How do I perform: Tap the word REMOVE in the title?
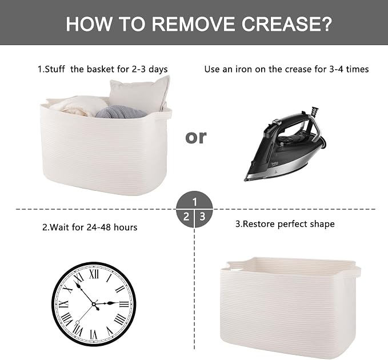coord(193,23)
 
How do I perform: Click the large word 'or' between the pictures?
coord(195,137)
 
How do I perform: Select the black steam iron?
coord(285,144)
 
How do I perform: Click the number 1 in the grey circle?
coord(195,202)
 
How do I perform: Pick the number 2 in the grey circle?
coord(186,217)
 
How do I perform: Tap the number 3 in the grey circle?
coord(203,217)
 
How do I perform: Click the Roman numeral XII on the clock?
coord(94,274)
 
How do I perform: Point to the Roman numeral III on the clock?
coord(124,304)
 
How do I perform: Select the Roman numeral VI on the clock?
coord(94,334)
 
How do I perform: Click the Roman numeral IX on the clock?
coord(63,304)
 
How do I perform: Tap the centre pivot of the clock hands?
coord(94,304)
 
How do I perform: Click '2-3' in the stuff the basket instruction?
coord(138,69)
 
